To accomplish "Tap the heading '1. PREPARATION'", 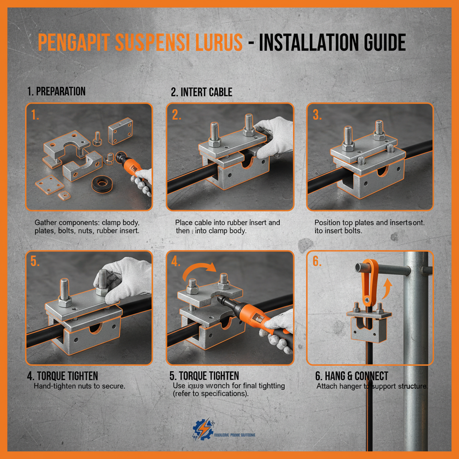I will pos(56,91).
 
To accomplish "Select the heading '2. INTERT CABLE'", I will pos(201,92).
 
